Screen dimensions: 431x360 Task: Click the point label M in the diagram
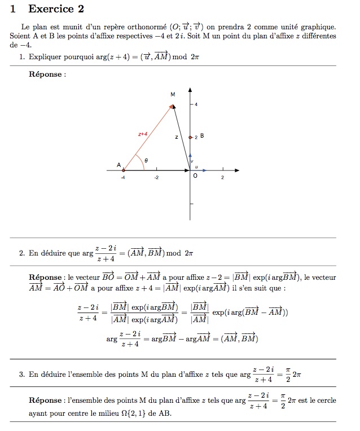(x=173, y=95)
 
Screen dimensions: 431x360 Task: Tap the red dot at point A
(x=124, y=169)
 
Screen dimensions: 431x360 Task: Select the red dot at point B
(x=190, y=137)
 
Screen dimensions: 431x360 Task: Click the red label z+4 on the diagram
(x=143, y=134)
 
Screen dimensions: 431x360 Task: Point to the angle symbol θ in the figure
(x=146, y=160)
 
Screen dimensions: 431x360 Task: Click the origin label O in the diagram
(x=195, y=176)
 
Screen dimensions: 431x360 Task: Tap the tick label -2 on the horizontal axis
(x=156, y=178)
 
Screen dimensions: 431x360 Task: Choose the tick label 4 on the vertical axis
(x=196, y=105)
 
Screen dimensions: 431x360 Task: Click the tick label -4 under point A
(x=122, y=178)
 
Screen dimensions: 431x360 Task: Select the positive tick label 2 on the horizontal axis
(x=222, y=178)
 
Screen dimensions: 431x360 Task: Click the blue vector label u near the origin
(x=196, y=167)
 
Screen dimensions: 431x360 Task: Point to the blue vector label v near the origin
(x=192, y=161)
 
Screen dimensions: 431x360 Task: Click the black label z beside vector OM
(x=176, y=137)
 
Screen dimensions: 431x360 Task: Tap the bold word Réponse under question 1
(x=46, y=74)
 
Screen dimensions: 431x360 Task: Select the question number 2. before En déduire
(x=22, y=253)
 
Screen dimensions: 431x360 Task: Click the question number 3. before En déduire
(x=22, y=374)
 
